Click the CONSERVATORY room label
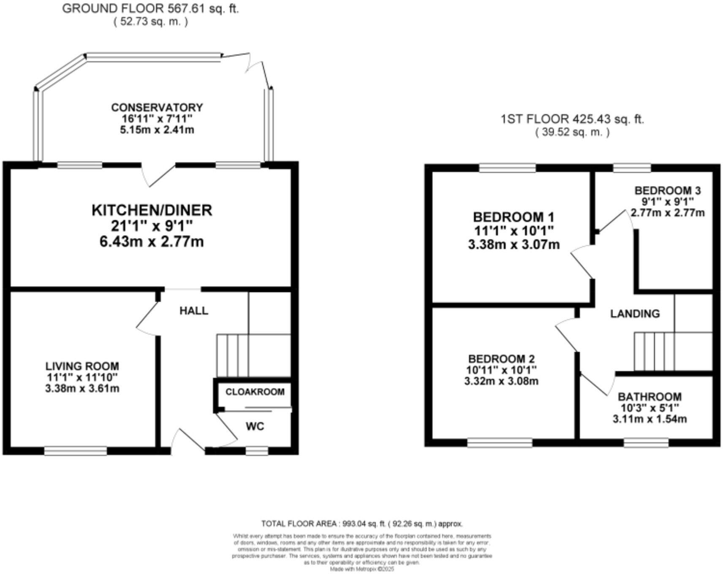157,107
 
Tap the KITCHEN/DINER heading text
152,210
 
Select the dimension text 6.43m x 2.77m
152,242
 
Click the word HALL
193,311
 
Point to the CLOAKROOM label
255,392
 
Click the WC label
255,426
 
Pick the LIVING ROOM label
82,366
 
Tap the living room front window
75,451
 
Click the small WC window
257,452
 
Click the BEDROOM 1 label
514,217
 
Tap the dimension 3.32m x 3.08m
501,382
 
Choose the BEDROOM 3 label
667,190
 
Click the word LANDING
635,314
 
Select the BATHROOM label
649,397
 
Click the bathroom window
646,443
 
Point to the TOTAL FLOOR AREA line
362,524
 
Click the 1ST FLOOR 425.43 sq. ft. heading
572,119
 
